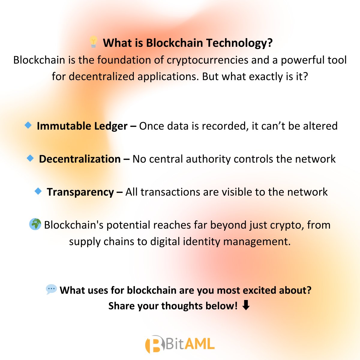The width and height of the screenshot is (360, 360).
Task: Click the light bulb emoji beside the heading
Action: [94, 42]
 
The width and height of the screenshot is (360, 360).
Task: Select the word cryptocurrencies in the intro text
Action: [208, 60]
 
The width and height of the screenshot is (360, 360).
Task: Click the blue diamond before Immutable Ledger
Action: [28, 125]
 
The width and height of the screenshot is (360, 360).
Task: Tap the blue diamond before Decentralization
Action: [30, 158]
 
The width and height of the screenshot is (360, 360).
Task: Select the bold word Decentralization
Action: [80, 159]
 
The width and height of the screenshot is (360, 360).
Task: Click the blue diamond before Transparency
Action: [38, 191]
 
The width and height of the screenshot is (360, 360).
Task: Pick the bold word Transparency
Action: [80, 192]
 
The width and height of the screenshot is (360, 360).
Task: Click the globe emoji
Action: [35, 224]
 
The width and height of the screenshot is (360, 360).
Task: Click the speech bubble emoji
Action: [51, 289]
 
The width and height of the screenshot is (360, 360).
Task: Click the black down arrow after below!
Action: [246, 306]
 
